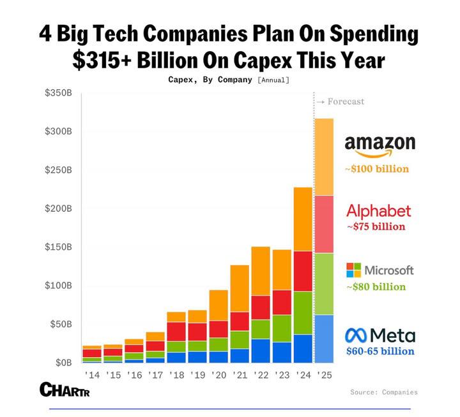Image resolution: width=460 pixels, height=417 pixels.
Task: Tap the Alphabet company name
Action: (378, 211)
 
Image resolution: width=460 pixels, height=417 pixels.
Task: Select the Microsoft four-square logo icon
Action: (354, 270)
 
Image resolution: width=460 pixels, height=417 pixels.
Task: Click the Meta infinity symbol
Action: (355, 335)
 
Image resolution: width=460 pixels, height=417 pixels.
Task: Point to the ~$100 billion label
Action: (376, 170)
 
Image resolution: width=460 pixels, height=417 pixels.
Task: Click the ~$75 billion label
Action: (376, 226)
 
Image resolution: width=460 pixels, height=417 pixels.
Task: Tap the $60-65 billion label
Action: (379, 351)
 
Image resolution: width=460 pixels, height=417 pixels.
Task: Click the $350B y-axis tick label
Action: (58, 93)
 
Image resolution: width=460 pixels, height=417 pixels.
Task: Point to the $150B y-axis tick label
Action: (58, 247)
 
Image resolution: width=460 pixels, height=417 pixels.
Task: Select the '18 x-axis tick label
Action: (176, 374)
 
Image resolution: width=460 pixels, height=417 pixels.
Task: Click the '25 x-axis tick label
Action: (324, 374)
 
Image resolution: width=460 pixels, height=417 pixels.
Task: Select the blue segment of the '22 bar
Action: (261, 350)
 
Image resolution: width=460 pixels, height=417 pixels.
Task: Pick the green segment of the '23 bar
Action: (282, 328)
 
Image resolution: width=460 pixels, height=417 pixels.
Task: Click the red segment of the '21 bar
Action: (240, 321)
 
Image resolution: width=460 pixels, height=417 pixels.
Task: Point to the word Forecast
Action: (345, 101)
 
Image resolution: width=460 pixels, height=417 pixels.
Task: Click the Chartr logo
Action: (63, 388)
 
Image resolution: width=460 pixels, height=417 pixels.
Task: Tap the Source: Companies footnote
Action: (383, 392)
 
